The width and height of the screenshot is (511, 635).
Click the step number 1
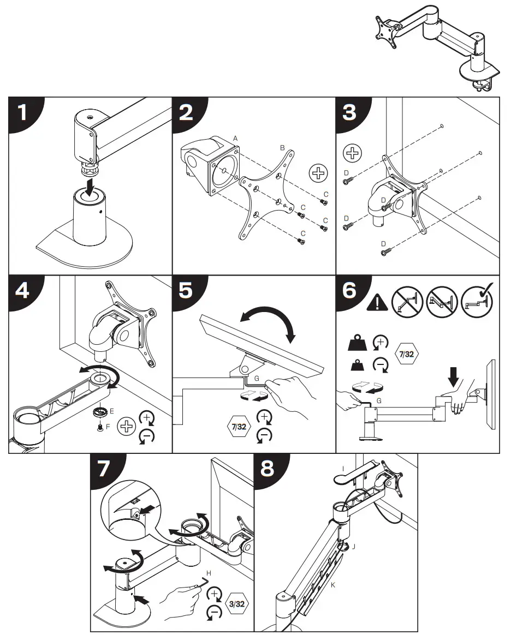click(22, 113)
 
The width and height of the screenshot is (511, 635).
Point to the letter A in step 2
click(235, 140)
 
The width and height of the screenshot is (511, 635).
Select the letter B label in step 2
click(282, 148)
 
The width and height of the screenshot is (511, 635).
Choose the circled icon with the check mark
click(477, 300)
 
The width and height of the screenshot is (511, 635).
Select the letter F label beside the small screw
click(108, 426)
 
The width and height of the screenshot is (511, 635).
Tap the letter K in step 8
click(334, 585)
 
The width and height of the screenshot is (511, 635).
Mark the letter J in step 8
click(354, 546)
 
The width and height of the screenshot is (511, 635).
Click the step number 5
click(186, 290)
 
